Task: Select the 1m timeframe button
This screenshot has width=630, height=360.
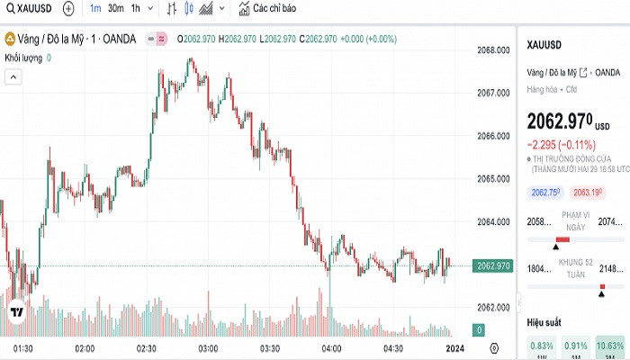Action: click(95, 9)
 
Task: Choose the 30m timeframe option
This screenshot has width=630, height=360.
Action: click(115, 9)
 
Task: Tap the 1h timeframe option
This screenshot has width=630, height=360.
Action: click(136, 9)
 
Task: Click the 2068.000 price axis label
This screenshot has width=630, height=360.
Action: click(493, 50)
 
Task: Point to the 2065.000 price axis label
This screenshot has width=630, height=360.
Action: click(493, 178)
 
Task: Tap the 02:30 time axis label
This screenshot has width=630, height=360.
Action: click(147, 348)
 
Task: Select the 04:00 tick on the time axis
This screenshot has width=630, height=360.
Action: click(331, 348)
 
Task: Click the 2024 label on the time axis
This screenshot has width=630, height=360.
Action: click(455, 348)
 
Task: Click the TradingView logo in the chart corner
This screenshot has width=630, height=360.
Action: click(17, 312)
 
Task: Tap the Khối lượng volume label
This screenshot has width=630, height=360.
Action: click(24, 58)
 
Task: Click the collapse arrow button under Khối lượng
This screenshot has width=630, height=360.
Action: click(14, 77)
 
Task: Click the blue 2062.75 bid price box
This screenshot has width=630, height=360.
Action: click(546, 192)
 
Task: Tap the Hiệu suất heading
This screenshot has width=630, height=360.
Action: click(544, 321)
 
